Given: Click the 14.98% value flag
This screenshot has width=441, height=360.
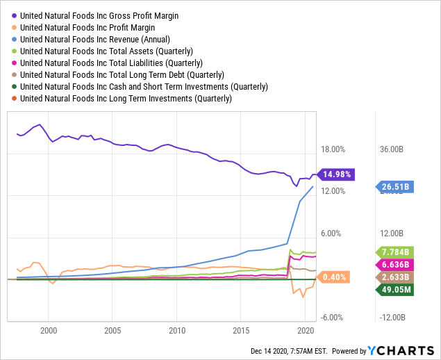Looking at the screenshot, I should [337, 174].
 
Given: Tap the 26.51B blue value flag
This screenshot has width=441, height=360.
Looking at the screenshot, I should [396, 186].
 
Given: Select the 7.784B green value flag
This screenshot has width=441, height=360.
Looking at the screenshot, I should [396, 252].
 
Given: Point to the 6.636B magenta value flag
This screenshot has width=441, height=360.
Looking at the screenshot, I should [396, 265].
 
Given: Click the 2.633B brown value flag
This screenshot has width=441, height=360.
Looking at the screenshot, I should [396, 278].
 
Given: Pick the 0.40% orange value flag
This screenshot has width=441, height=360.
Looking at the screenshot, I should [334, 277].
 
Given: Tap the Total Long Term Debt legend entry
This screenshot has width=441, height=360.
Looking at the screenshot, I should [122, 74].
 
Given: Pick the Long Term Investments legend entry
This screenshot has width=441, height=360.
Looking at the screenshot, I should [126, 98].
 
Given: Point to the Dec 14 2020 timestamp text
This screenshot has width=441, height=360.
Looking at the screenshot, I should [291, 351].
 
